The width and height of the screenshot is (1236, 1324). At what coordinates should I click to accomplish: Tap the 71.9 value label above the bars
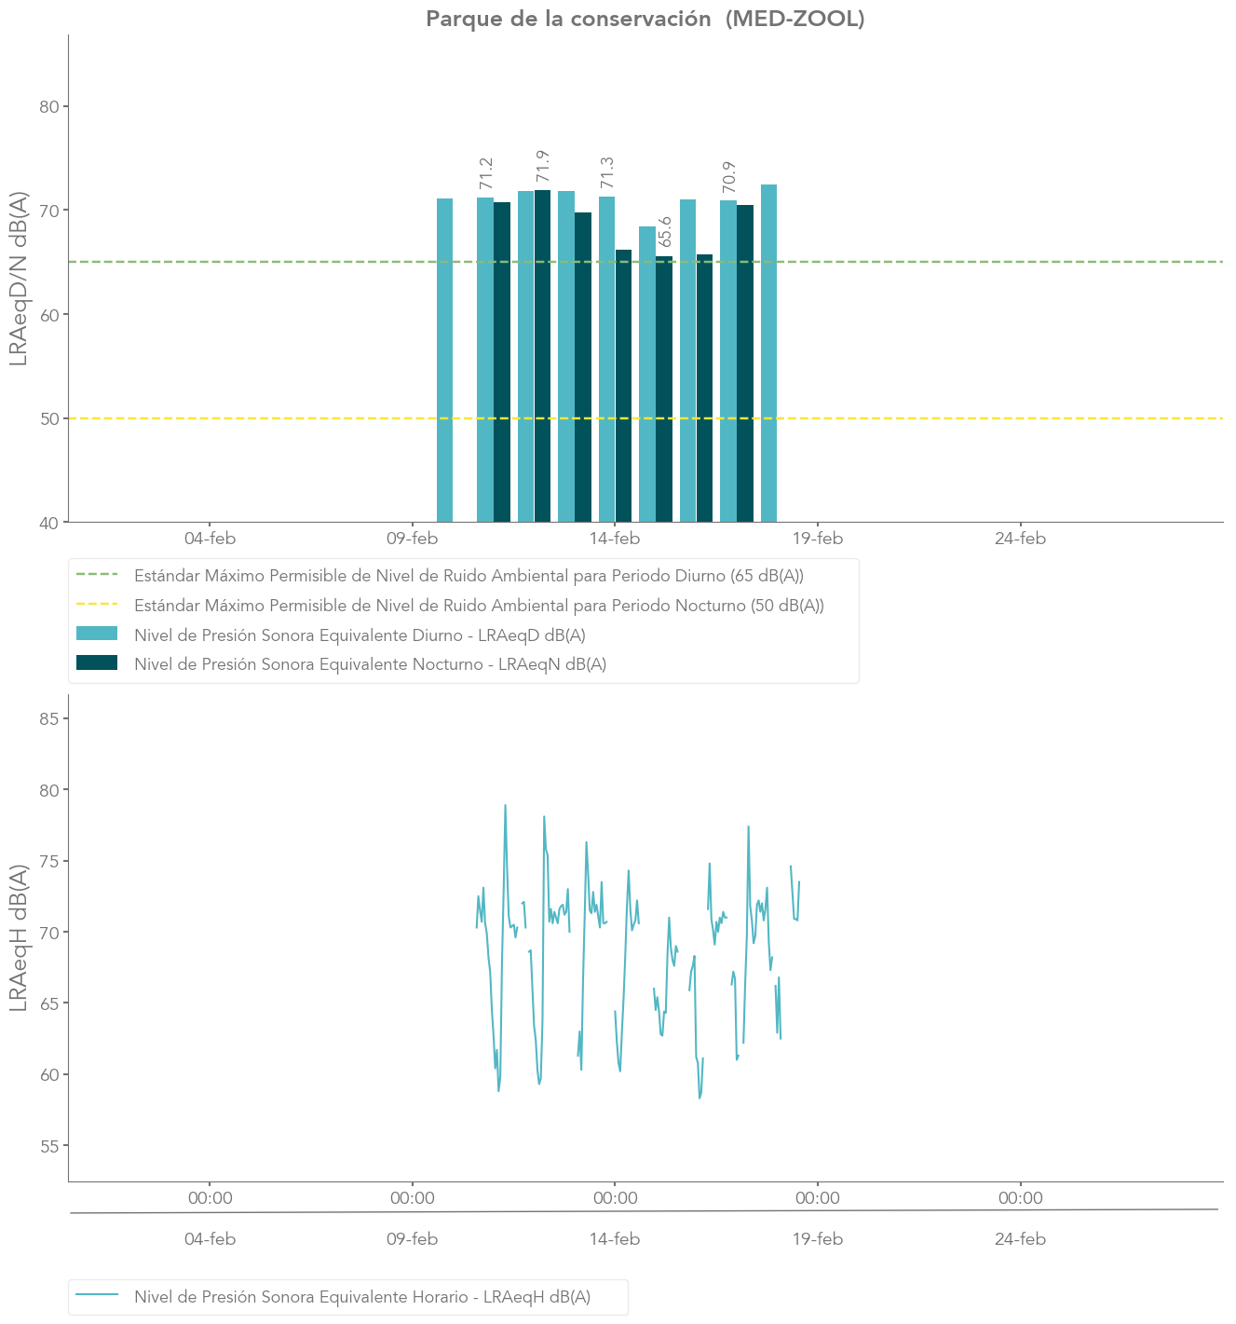pos(543,166)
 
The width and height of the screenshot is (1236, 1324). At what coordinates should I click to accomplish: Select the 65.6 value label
pos(664,232)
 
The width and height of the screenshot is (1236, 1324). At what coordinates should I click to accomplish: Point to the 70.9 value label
pos(728,177)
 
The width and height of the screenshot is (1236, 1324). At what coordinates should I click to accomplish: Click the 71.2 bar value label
pos(485,173)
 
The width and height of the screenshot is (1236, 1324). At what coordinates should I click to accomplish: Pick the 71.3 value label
pos(606,172)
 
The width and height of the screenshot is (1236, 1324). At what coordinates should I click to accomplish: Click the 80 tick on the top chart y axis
pos(49,106)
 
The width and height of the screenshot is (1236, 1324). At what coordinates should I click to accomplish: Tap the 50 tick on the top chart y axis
pos(49,418)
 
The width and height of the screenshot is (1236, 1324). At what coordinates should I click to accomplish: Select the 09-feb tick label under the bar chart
pos(412,539)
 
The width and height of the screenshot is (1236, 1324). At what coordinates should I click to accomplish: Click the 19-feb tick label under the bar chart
pos(818,539)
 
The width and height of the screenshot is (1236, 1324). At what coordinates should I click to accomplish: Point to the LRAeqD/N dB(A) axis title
pos(19,279)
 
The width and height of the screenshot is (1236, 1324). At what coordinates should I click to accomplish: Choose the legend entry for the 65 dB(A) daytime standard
pos(469,576)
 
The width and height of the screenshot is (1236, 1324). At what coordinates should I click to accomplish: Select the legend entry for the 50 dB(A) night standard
pos(479,606)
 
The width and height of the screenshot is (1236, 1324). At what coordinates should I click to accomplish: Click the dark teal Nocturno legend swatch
pos(97,663)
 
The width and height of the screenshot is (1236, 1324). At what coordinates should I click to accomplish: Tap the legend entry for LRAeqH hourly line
pos(362,1297)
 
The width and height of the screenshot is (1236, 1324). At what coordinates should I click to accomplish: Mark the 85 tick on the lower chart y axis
pos(49,718)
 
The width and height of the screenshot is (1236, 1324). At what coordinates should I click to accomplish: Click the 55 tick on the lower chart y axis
pos(49,1145)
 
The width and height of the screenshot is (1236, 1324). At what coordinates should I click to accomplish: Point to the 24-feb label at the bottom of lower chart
pos(1020,1239)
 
